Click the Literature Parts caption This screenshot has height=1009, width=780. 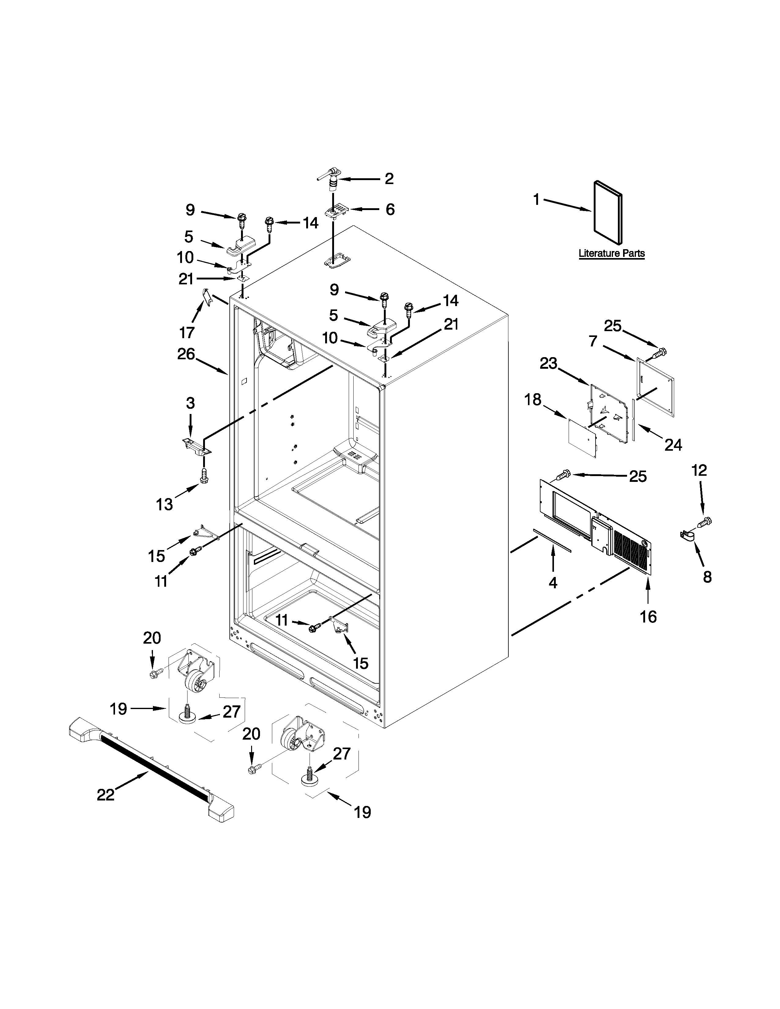pos(611,253)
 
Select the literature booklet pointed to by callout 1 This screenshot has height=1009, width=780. pos(607,213)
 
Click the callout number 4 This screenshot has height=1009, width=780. pos(553,583)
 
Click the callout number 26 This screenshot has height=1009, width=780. pos(186,354)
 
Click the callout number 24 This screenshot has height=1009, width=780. pos(673,445)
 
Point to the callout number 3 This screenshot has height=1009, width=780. pos(190,403)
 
